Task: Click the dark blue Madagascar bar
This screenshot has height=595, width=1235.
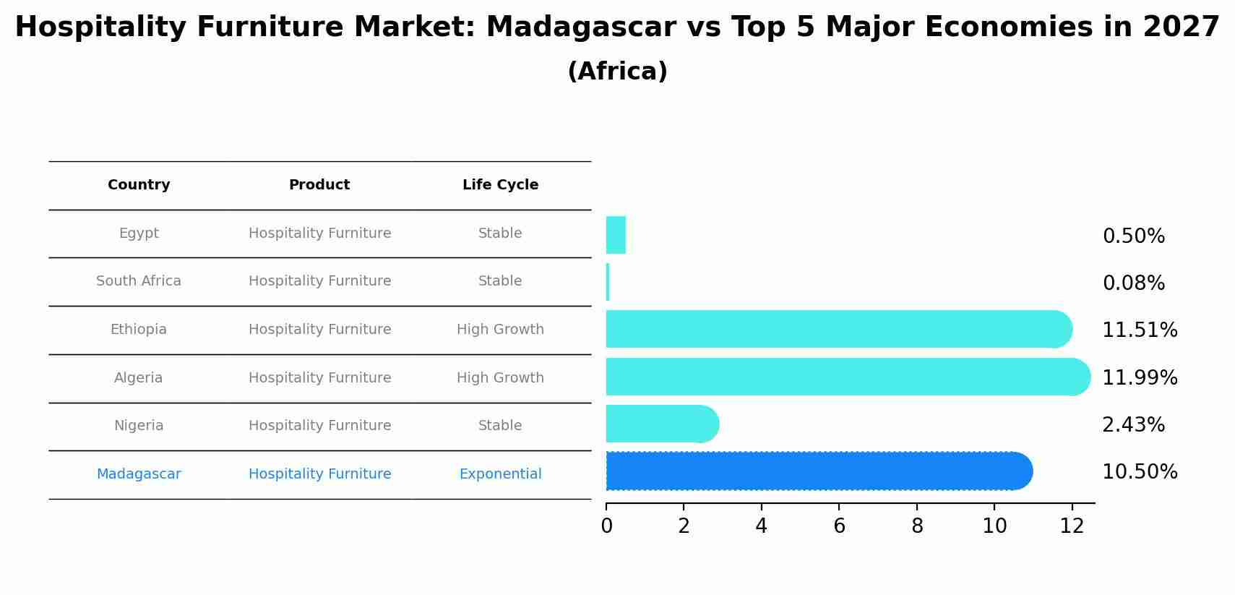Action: pos(817,471)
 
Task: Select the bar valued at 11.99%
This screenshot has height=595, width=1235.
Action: pos(845,377)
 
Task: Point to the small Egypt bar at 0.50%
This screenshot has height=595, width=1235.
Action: pos(616,235)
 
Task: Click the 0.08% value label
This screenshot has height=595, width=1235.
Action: pos(1133,283)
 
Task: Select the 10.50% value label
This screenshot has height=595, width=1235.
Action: pos(1140,472)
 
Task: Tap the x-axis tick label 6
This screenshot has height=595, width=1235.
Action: pos(839,526)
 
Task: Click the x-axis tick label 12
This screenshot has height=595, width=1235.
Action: pos(1072,526)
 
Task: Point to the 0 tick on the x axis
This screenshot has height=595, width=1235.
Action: pos(606,526)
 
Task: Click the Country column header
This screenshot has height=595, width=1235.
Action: pos(139,185)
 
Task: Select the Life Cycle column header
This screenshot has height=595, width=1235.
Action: pos(500,185)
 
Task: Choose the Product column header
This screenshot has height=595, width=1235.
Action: pos(319,185)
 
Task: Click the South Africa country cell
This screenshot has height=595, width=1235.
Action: pos(139,281)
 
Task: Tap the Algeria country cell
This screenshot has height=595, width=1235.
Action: pos(138,378)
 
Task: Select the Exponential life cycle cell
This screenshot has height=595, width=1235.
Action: pos(500,474)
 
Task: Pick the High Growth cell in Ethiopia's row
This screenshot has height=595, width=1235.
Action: pos(500,330)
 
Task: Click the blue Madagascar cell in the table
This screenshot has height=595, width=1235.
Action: pos(139,474)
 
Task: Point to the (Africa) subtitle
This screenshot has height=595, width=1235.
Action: pos(617,72)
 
